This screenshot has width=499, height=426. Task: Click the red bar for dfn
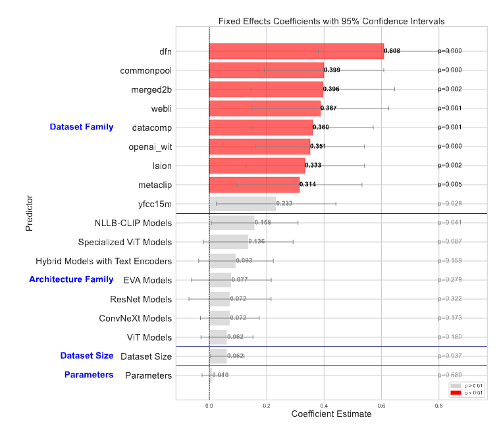[x=296, y=51]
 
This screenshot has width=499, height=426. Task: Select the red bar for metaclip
[x=254, y=184]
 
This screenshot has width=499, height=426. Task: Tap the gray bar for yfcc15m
[x=242, y=203]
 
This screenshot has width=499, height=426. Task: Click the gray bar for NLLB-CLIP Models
[x=231, y=223]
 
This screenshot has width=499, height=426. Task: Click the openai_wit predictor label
[x=150, y=146]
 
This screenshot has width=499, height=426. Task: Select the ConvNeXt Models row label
[x=136, y=318]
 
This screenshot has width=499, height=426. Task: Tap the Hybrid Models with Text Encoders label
[x=104, y=261]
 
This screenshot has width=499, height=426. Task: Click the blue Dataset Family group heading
[x=82, y=127]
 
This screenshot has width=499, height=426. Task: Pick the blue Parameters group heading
[x=89, y=375]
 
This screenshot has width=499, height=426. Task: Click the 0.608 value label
[x=392, y=51]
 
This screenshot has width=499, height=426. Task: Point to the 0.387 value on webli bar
[x=328, y=108]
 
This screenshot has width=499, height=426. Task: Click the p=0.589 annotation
[x=450, y=375]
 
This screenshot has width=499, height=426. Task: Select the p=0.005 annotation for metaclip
[x=450, y=184]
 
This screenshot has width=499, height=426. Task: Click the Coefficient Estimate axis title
[x=331, y=414]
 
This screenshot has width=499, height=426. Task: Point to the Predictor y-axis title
[x=30, y=212]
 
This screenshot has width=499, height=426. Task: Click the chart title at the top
[x=331, y=21]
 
